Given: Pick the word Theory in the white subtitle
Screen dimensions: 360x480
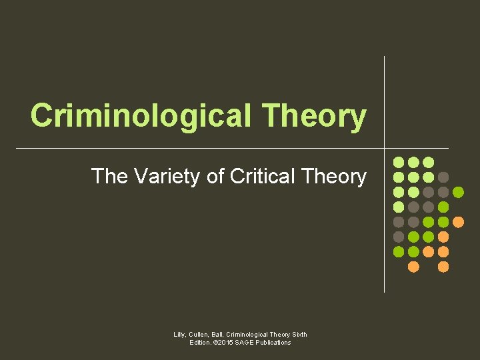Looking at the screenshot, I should point(334,176).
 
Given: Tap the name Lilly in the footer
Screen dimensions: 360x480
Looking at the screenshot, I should point(180,334).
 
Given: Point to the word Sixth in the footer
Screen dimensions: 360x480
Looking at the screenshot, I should point(298,334).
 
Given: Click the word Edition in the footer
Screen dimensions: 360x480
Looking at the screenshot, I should point(201,343).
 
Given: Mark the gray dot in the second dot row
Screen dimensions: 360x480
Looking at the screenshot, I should point(443,177).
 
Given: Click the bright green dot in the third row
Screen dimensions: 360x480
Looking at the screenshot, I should point(458,192).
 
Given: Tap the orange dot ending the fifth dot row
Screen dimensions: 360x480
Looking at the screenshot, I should point(458,222).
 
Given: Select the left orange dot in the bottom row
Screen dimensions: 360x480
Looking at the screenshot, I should point(413,267).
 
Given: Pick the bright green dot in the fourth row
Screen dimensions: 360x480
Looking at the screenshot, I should point(443,207).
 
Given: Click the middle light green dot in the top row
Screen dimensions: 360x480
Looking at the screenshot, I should point(413,162).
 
